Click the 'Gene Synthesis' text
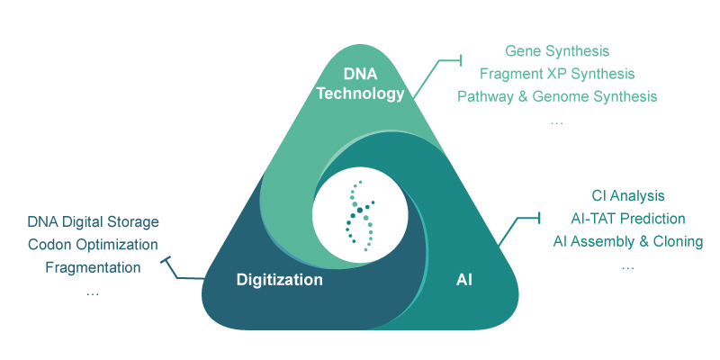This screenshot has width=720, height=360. point(557,51)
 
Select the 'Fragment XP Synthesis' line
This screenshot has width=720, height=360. point(557,74)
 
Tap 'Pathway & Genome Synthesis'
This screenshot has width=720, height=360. point(557,96)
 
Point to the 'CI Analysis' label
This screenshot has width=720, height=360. point(627,195)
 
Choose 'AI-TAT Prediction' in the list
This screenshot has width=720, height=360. point(627,219)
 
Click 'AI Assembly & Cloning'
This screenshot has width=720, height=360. point(627,241)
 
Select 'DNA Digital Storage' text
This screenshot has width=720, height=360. point(93,221)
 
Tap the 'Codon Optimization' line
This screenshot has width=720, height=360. point(93,245)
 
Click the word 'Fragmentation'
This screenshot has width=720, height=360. point(93,267)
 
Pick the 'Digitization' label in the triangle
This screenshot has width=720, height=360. point(279,280)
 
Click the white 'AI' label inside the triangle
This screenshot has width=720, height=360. point(464,280)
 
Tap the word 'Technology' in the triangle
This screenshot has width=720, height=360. point(362,93)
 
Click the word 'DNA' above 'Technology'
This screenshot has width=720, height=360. point(362,72)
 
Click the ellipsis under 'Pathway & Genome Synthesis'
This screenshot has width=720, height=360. point(556,120)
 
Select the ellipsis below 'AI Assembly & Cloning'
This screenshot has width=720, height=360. point(627,265)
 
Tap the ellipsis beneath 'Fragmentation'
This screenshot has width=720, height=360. point(93,292)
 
